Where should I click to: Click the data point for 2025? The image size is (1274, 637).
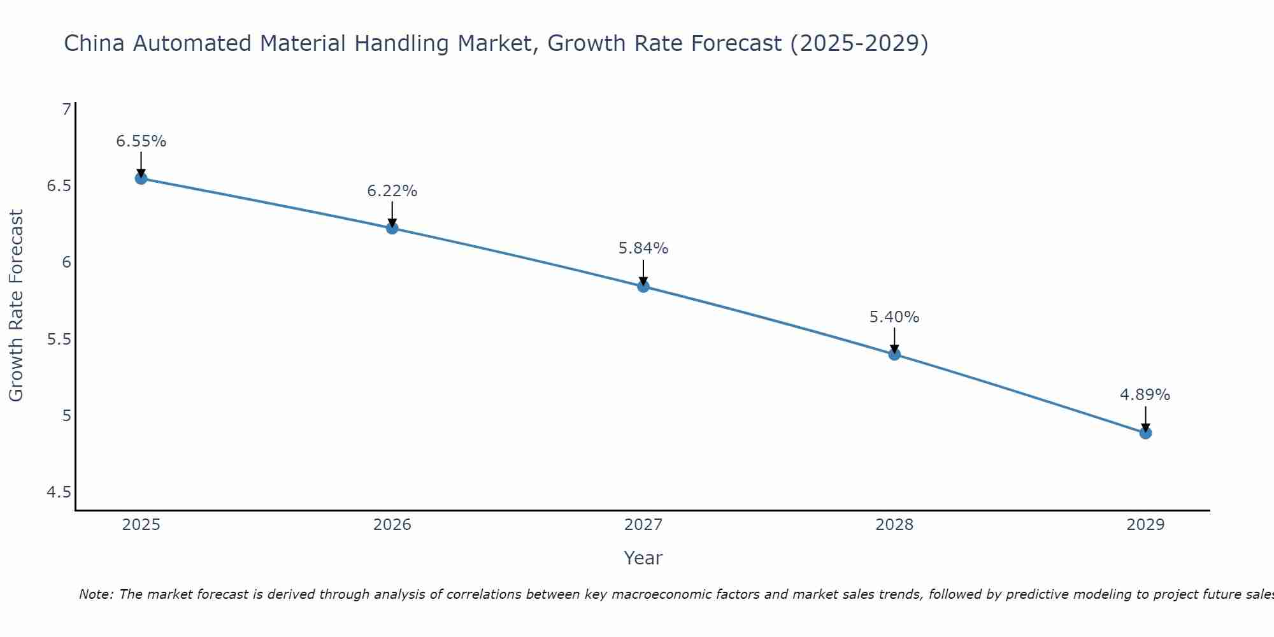tap(141, 178)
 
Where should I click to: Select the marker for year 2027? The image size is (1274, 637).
tap(643, 287)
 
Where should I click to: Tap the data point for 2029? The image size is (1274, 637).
tap(1145, 433)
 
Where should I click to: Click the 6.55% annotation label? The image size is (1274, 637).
tap(141, 141)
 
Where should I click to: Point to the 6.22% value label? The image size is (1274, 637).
tap(392, 191)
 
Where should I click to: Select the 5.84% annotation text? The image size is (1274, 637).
tap(643, 248)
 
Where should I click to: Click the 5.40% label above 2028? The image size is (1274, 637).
tap(894, 317)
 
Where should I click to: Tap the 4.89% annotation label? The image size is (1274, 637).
tap(1145, 395)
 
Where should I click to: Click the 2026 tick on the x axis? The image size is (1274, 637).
tap(392, 525)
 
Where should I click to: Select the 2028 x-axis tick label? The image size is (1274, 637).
tap(894, 525)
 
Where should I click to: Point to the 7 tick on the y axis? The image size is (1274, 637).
tap(66, 110)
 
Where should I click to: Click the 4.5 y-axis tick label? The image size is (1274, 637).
tap(59, 492)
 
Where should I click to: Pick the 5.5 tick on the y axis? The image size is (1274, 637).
tap(59, 339)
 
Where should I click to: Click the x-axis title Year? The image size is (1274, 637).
tap(643, 558)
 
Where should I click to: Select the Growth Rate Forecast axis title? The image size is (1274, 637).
tap(16, 306)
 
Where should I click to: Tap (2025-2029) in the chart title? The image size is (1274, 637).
tap(859, 43)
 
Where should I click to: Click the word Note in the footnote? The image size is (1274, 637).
tap(95, 594)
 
